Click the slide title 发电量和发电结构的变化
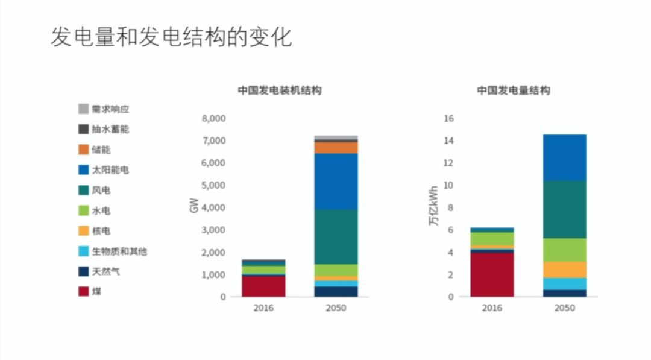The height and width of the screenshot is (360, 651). (171, 37)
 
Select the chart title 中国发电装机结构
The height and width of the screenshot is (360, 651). (279, 90)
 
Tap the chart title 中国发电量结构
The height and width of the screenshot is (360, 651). (513, 90)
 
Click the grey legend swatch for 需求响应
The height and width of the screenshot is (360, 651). (83, 109)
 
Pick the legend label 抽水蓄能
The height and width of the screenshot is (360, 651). (110, 129)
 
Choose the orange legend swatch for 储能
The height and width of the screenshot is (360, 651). (83, 150)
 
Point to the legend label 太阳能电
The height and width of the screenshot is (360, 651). (110, 170)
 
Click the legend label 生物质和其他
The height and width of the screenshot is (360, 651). (119, 251)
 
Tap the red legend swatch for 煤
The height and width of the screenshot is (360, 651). (83, 292)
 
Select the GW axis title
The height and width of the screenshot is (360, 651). (193, 207)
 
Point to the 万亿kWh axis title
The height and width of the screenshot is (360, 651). (433, 207)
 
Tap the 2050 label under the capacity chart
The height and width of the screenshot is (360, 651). (336, 308)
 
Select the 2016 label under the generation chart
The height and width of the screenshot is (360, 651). (492, 308)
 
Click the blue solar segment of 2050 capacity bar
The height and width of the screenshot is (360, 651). (336, 181)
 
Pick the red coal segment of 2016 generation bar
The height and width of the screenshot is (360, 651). (492, 274)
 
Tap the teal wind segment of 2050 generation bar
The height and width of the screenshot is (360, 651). (564, 209)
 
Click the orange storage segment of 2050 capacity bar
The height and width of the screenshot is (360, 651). (336, 148)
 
